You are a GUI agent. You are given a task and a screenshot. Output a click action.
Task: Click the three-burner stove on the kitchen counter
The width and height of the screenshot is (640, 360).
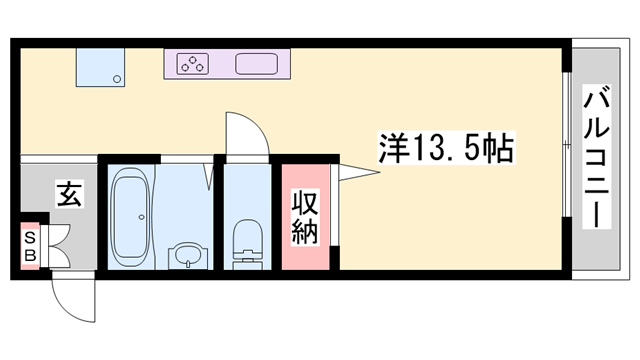[x=191, y=65]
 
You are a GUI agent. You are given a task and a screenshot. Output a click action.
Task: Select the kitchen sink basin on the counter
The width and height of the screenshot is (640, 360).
[x=257, y=65]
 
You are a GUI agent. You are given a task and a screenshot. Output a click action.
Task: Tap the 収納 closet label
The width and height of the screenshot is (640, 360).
[x=305, y=217]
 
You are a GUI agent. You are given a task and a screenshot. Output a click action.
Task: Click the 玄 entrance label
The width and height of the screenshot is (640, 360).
[x=68, y=192]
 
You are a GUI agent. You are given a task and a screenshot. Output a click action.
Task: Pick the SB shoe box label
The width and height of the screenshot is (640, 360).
[x=30, y=246]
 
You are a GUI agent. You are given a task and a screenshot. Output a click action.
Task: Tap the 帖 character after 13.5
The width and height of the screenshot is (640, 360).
[x=497, y=150]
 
